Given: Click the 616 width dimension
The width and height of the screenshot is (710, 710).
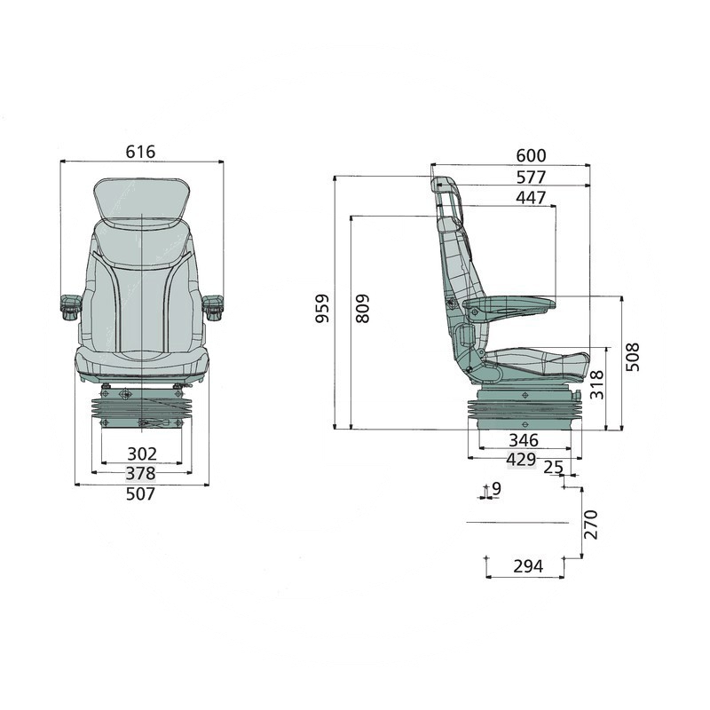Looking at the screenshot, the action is (140, 152).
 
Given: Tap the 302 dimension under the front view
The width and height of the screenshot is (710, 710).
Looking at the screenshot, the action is (142, 454).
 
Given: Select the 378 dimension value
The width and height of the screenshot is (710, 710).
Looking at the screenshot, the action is (140, 473).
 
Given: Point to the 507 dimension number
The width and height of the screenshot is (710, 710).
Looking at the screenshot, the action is (140, 493).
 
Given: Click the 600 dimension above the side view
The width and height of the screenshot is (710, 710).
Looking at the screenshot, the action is (531, 156).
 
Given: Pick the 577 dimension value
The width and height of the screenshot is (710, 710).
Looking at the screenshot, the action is (531, 177).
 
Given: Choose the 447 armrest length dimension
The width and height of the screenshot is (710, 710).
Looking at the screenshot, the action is (531, 198).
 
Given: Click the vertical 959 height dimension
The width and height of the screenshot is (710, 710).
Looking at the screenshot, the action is (322, 308).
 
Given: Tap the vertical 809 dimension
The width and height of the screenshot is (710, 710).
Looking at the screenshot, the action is (363, 308).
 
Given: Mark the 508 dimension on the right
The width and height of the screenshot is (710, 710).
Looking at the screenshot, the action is (633, 357).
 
